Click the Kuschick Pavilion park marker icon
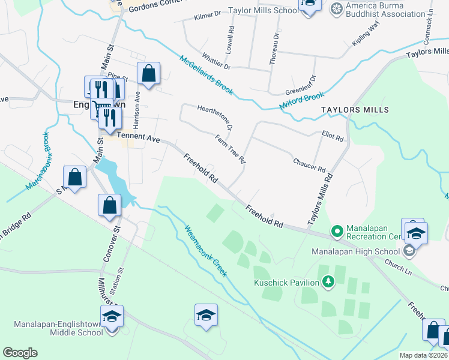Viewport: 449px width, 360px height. pos(328,281)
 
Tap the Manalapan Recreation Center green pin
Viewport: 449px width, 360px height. pos(337,230)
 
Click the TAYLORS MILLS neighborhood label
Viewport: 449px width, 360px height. pos(355,110)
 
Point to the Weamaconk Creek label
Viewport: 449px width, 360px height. pos(205,250)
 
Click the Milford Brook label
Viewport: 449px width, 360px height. pos(301,101)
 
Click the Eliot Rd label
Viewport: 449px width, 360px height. pos(333,137)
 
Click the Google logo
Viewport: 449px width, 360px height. pos(20,353)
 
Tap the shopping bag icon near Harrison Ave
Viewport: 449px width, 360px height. pos(148,74)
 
